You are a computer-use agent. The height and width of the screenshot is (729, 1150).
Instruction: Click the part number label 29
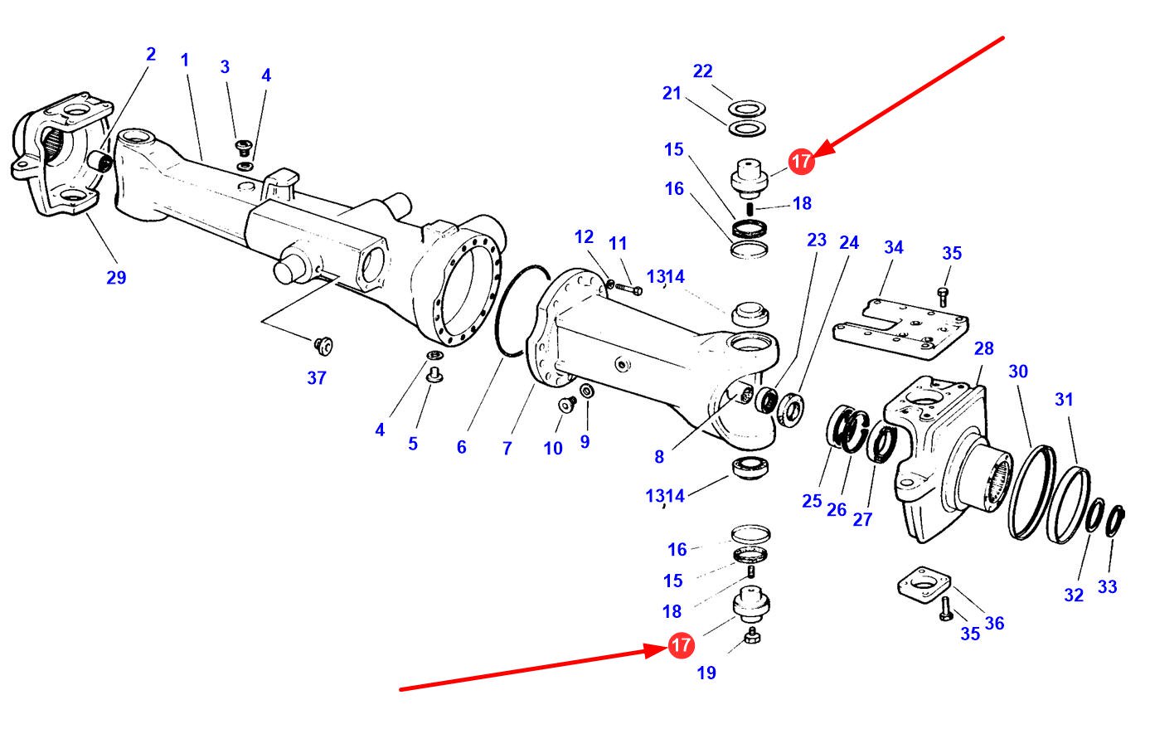(116, 277)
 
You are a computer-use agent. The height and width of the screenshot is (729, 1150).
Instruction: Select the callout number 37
(317, 378)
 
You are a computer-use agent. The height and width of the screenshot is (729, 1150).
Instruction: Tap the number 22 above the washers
(702, 71)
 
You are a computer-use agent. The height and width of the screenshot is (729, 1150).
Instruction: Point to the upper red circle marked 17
(801, 162)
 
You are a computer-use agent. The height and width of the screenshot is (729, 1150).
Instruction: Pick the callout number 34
(893, 247)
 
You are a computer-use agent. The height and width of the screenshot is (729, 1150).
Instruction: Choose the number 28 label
(983, 348)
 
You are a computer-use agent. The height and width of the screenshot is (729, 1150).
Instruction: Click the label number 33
(1108, 586)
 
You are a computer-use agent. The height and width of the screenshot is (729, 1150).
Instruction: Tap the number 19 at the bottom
(706, 673)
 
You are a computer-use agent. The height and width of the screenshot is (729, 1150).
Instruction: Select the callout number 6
(461, 447)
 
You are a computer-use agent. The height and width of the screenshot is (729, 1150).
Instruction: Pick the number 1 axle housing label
(185, 60)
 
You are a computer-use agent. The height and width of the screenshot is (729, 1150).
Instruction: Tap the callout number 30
(1018, 372)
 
